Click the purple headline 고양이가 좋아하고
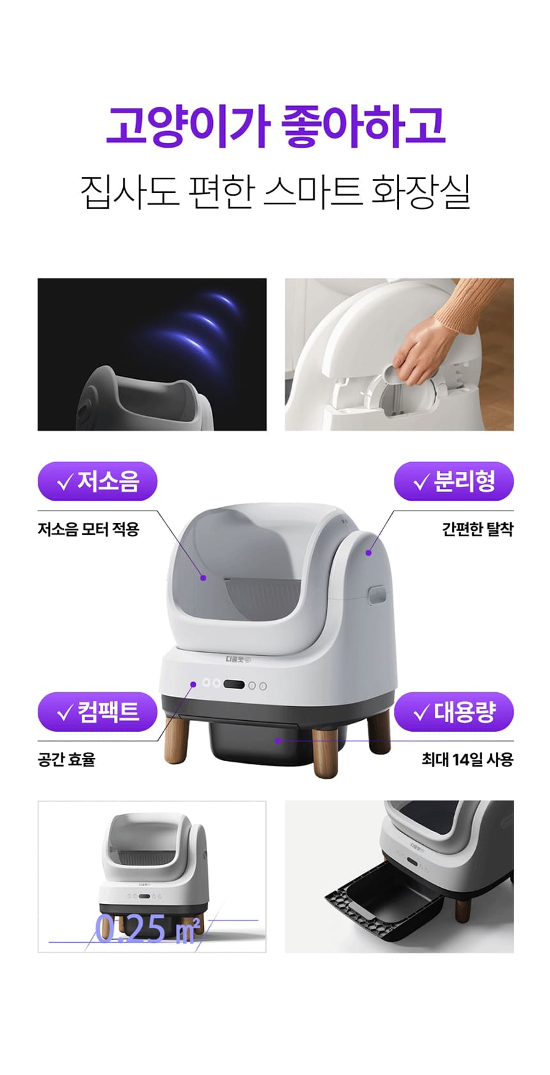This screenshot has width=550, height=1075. tap(275, 127)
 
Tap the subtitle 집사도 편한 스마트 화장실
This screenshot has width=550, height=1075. tap(275, 192)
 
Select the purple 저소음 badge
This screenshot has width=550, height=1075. tap(97, 481)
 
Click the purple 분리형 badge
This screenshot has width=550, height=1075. tap(453, 481)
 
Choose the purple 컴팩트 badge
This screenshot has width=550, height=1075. tap(97, 712)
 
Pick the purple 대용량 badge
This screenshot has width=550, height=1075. tap(453, 712)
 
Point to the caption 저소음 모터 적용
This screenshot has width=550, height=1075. tap(88, 529)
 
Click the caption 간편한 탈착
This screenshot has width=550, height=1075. tap(478, 529)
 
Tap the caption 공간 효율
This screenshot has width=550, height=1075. tap(67, 760)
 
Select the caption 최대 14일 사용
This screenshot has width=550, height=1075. tap(467, 760)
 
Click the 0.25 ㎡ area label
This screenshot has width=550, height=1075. tap(146, 929)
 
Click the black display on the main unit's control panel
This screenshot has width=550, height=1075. tap(234, 684)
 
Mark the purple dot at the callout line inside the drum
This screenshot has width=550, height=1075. tap(203, 578)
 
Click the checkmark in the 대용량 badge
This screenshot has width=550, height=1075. tap(421, 713)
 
